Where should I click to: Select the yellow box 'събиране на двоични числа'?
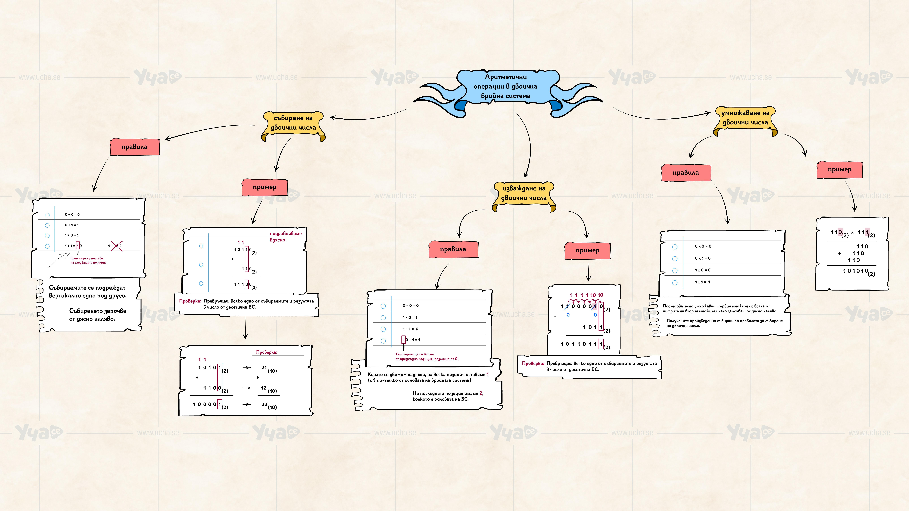(x=293, y=123)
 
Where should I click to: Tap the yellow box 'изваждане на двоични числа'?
(x=524, y=193)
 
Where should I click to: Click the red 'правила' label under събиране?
(x=134, y=147)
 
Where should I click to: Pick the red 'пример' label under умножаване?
(x=839, y=170)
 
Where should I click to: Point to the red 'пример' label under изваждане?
(x=587, y=250)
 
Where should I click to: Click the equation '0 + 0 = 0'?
(x=72, y=214)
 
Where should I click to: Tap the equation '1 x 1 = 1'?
(x=703, y=282)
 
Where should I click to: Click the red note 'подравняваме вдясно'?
(x=285, y=237)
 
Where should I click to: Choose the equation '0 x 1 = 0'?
(x=703, y=259)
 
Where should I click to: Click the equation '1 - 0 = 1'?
(x=410, y=317)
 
